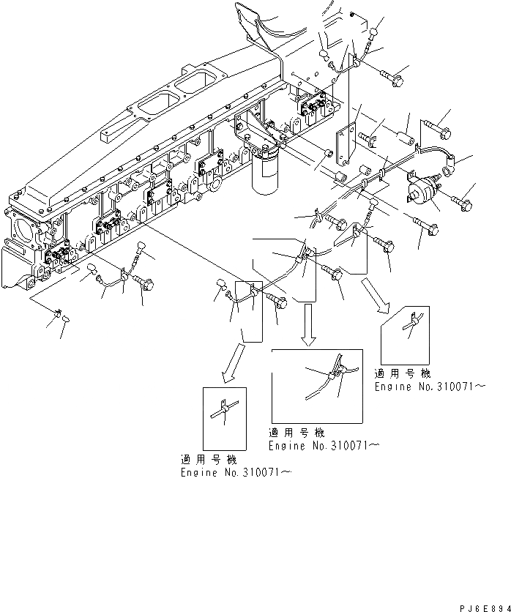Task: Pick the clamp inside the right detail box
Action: coord(414,322)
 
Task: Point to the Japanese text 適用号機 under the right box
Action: coord(401,373)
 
